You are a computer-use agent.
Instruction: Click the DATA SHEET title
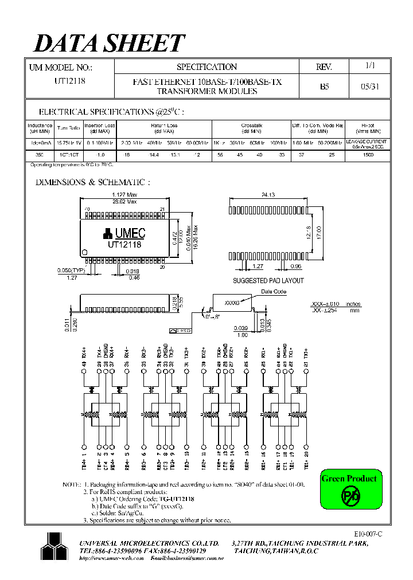point(110,44)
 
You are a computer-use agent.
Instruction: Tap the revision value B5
point(324,87)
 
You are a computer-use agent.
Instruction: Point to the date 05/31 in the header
point(370,87)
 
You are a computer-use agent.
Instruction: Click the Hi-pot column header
point(368,125)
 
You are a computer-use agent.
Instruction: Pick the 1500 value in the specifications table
point(368,155)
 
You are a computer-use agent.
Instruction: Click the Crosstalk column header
point(251,125)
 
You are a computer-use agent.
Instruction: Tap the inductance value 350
point(40,155)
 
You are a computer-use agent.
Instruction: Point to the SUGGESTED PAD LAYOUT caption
point(268,281)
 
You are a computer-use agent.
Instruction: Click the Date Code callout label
point(273,292)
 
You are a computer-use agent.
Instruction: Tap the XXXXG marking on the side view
point(231,302)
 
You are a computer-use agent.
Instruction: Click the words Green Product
point(349,479)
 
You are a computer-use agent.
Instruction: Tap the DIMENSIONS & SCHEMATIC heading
point(93,182)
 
